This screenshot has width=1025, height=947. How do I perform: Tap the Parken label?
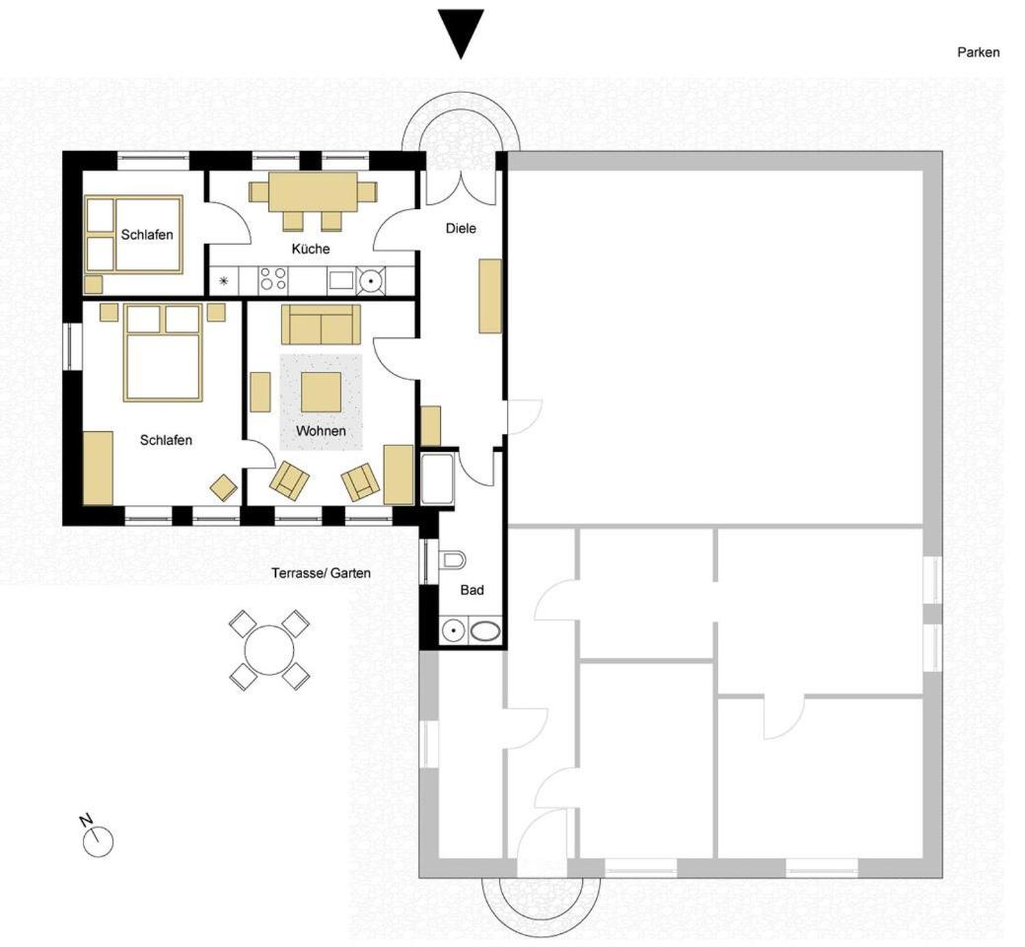coord(978,52)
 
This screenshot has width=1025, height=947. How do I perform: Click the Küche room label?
coord(311,249)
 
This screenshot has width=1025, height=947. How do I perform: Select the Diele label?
coord(461,228)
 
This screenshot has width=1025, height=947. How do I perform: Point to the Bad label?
coord(472,590)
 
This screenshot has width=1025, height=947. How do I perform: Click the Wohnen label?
coord(321,431)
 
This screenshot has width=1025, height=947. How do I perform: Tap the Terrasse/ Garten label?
coord(321,573)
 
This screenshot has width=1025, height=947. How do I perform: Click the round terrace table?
coord(268,650)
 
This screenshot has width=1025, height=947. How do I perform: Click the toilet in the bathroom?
coord(453,560)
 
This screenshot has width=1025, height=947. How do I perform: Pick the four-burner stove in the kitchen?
coord(273,280)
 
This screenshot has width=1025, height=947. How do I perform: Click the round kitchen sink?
coord(371,280)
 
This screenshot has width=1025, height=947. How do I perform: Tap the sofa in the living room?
coord(321,325)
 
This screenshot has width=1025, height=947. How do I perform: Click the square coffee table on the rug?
coord(321,393)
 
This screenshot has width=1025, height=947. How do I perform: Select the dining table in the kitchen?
coord(313,192)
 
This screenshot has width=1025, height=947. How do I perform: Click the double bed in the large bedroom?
coord(162,353)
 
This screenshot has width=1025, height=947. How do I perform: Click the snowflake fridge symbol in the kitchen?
coord(224,282)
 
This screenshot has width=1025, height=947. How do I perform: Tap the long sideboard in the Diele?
coord(490,296)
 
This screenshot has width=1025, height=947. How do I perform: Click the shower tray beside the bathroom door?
coord(437,478)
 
